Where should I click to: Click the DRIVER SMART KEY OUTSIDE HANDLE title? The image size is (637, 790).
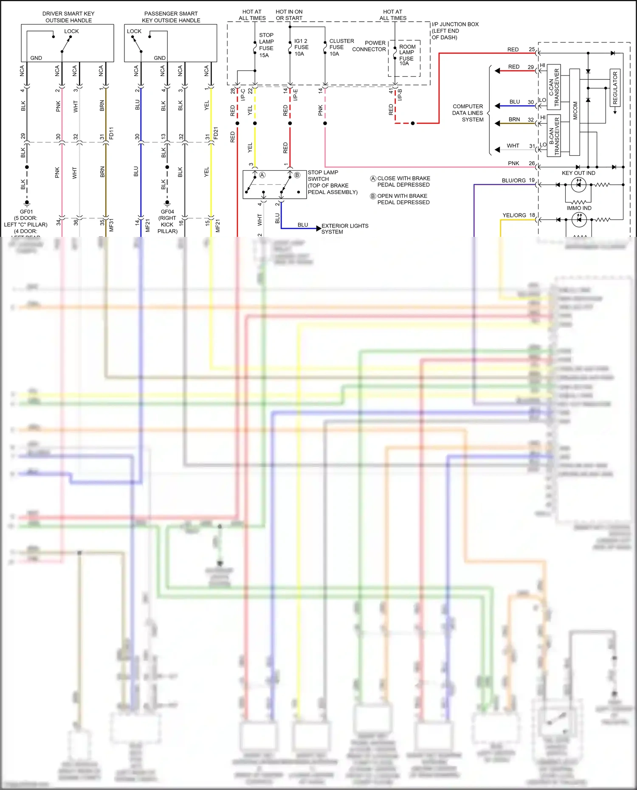point(68,17)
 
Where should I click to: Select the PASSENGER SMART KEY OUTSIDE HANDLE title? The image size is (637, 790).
point(171,17)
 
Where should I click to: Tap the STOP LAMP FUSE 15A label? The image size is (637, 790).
point(266,45)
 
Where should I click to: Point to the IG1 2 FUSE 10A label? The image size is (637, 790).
point(301,47)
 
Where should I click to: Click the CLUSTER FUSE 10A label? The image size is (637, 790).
point(341,47)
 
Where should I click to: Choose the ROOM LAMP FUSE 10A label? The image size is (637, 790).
point(406,55)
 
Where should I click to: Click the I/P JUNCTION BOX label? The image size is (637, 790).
point(454,31)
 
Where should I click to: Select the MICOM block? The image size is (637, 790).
point(575,111)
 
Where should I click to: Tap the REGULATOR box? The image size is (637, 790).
point(615,87)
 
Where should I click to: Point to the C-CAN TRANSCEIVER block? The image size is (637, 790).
point(554,87)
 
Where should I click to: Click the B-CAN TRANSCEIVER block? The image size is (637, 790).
point(554,135)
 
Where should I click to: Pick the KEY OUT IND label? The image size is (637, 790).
point(578,173)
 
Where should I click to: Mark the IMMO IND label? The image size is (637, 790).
point(579,208)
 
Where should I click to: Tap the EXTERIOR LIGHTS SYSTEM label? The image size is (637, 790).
point(344,229)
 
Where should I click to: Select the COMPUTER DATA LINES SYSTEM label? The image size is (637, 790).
point(468,113)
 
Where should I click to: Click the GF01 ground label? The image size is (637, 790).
point(26,212)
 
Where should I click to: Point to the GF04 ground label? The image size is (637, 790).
point(167,212)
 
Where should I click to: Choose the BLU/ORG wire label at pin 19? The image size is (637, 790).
point(513,180)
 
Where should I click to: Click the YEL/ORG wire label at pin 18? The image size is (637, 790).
point(514,215)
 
